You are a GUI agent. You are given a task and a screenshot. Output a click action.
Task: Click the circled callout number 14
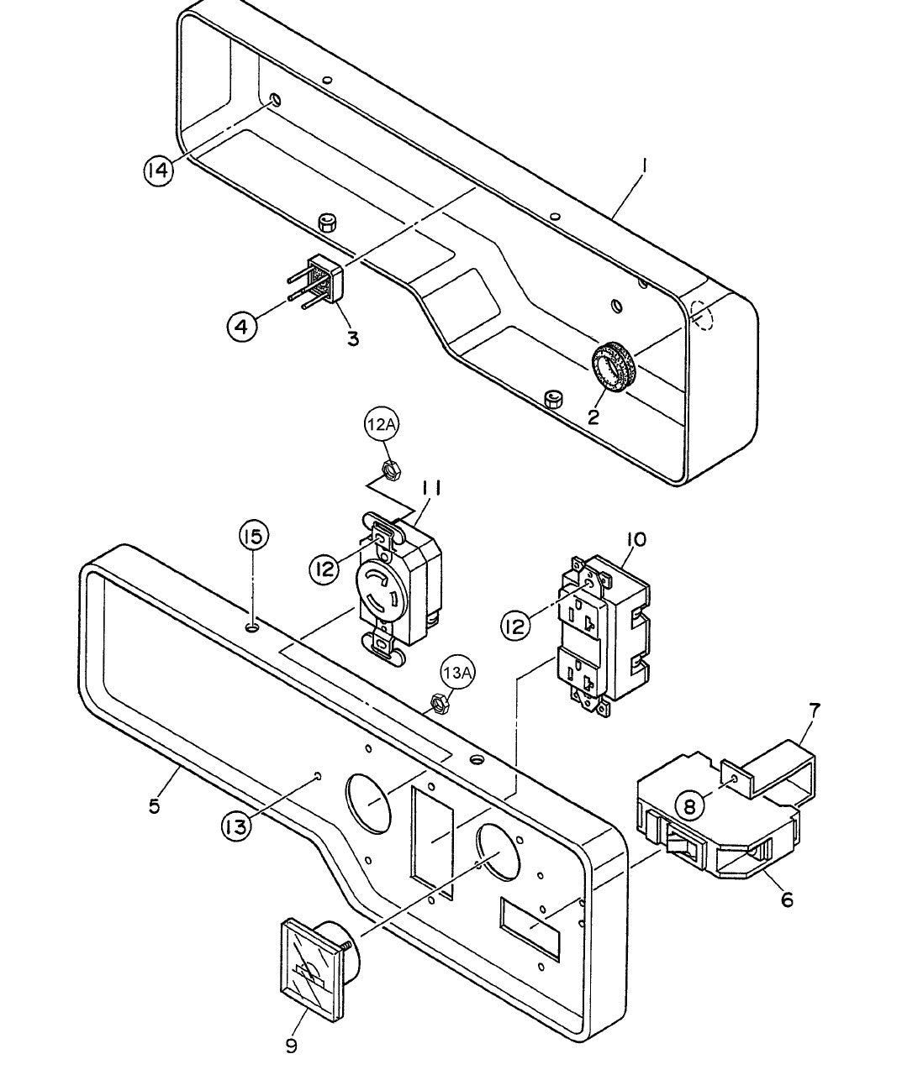click(x=158, y=170)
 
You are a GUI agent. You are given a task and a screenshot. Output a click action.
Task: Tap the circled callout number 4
click(x=242, y=326)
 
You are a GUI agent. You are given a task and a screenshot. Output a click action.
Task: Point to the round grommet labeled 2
click(x=613, y=367)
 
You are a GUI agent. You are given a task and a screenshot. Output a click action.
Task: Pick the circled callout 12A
click(x=380, y=426)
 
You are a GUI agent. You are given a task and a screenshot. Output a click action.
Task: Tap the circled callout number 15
click(x=255, y=535)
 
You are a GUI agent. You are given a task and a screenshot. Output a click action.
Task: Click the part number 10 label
click(x=636, y=539)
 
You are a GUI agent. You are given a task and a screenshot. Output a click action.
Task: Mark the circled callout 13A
click(x=459, y=671)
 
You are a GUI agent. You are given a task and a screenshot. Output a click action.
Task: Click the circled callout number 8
click(x=690, y=806)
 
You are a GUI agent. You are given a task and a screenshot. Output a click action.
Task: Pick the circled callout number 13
click(x=237, y=826)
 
